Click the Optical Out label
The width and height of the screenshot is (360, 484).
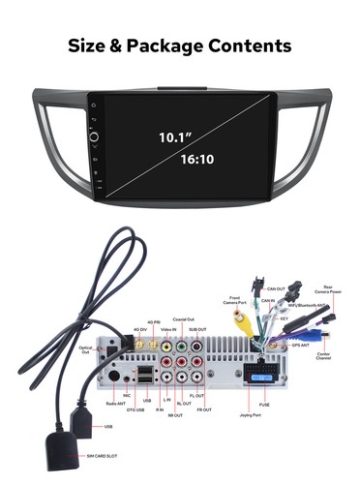click(x=86, y=349)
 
